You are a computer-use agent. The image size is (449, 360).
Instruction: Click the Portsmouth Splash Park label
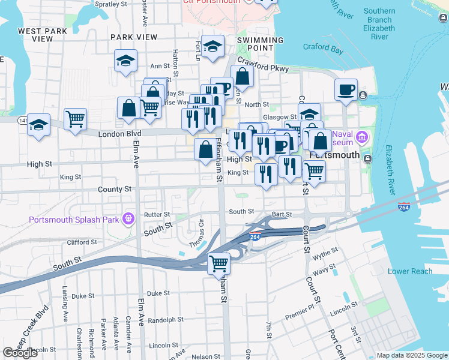click(74, 220)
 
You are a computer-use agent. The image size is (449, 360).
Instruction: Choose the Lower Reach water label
click(410, 271)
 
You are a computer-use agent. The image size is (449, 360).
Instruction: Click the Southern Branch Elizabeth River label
click(379, 24)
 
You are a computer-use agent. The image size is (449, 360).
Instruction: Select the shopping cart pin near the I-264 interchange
click(219, 263)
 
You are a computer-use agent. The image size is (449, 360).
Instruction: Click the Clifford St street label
click(82, 242)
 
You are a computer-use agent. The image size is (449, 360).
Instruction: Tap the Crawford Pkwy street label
click(263, 65)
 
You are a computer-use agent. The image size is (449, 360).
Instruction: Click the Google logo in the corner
click(20, 353)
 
